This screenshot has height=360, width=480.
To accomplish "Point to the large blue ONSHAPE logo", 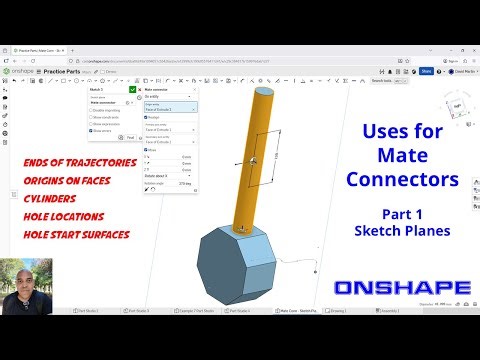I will point(403,289).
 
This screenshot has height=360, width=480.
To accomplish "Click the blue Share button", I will point(427,71).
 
